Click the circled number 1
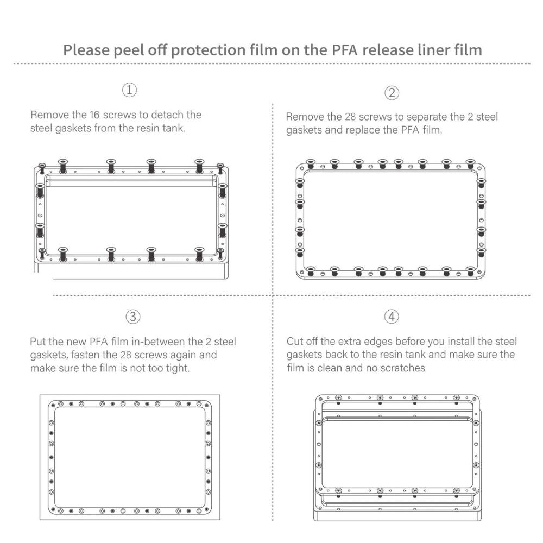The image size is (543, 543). (x=129, y=90)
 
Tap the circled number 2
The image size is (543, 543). (x=392, y=92)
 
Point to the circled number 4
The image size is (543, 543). (x=392, y=316)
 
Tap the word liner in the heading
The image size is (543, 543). (x=413, y=50)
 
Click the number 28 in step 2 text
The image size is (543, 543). (x=351, y=117)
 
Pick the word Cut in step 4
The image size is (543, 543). (x=295, y=342)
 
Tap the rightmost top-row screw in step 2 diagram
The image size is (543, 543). (x=471, y=164)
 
